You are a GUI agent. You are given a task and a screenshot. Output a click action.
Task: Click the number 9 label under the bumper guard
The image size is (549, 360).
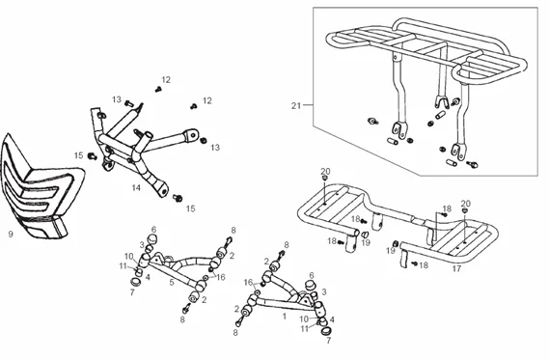click(x=10, y=234)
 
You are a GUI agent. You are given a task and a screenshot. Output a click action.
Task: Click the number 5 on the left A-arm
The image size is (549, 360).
click(x=172, y=282)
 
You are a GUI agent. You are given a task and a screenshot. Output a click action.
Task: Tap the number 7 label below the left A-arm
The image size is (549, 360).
click(x=131, y=291)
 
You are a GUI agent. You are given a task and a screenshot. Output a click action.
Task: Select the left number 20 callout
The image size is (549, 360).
click(x=325, y=171)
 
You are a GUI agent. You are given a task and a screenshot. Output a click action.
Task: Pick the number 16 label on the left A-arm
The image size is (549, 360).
click(x=221, y=277)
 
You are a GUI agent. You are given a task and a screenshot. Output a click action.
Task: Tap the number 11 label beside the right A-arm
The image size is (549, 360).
click(x=304, y=328)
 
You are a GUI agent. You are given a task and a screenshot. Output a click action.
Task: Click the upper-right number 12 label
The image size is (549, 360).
click(x=206, y=100)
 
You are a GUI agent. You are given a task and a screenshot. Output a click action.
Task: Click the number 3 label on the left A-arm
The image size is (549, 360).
click(x=142, y=244)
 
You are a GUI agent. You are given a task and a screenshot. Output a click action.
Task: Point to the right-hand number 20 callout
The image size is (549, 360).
click(x=466, y=204)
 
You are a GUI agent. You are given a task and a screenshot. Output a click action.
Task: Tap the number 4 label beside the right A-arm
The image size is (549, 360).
click(x=333, y=318)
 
